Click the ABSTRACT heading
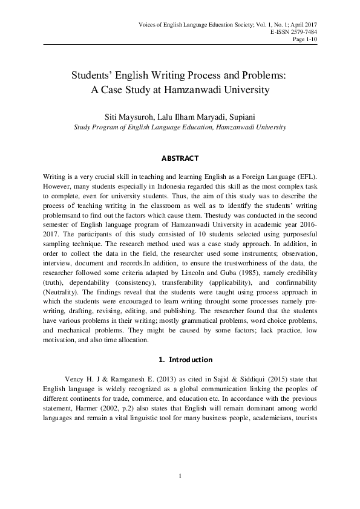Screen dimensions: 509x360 180,158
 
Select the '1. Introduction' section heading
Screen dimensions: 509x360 180,359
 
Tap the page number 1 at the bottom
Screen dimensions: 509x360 180,477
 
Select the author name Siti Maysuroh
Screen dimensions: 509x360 127,116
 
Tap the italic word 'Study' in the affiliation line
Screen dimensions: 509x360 82,128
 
